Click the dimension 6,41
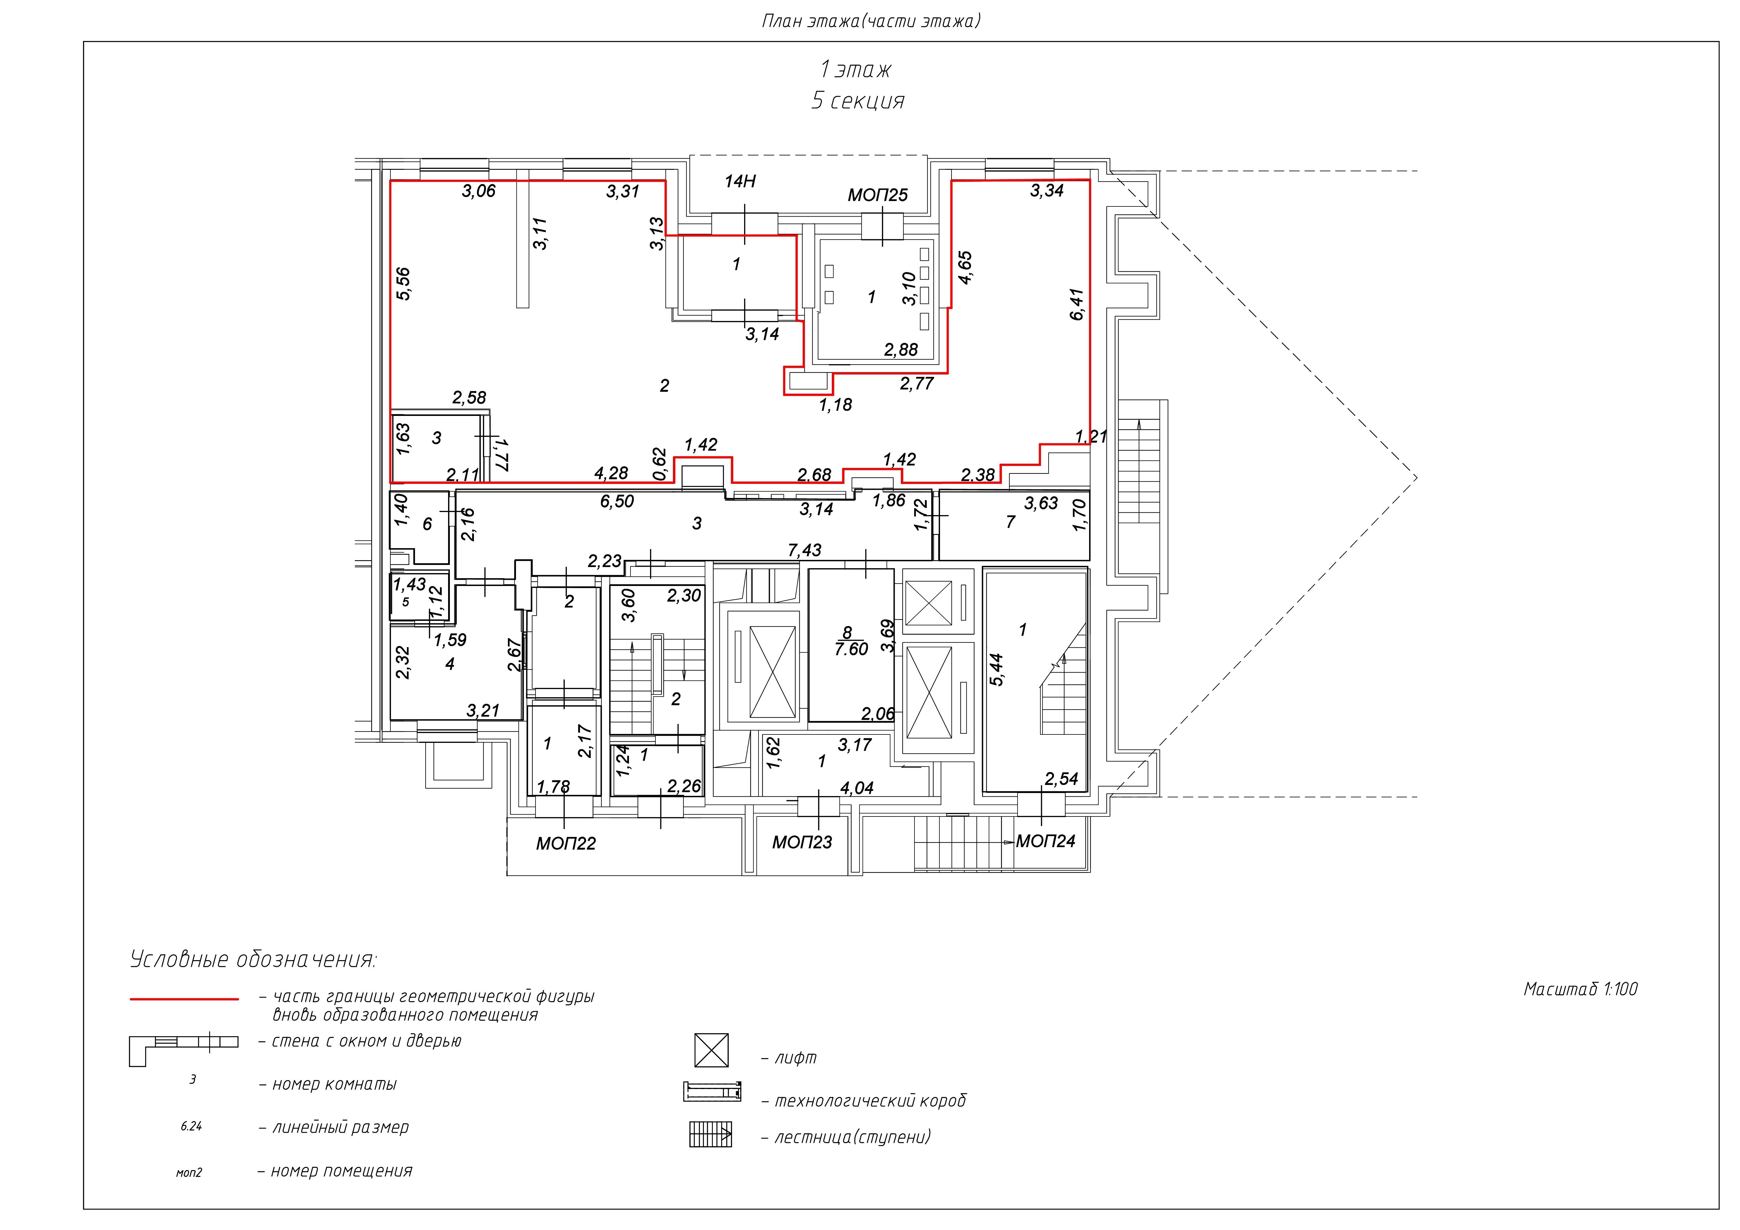click(1077, 304)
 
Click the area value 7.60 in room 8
click(851, 649)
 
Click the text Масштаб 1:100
click(1580, 989)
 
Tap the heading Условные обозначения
click(253, 960)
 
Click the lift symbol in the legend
click(712, 1050)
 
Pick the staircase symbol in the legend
click(710, 1134)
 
